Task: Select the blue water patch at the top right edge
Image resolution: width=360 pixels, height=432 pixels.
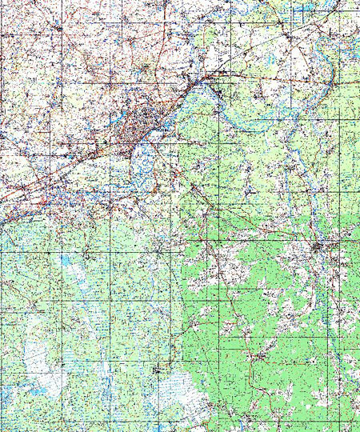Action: click(x=308, y=10)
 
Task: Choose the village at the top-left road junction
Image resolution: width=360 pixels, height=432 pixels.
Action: click(x=60, y=28)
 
